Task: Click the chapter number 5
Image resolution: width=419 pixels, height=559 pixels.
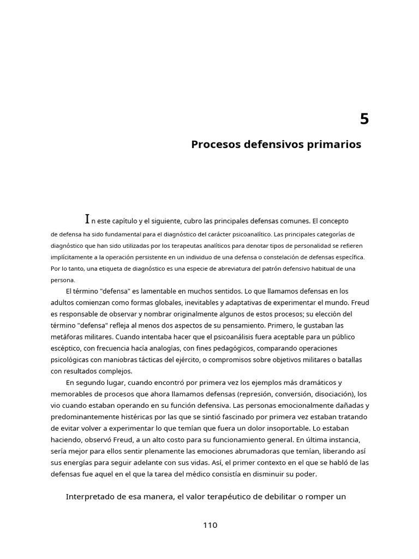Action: pos(364,119)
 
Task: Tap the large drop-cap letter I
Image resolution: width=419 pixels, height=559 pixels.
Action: pos(87,219)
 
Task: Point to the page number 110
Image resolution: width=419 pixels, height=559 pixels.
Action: pos(210,525)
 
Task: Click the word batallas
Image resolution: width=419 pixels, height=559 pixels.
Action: pos(348,360)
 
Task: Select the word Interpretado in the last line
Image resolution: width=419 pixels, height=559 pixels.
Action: pos(92,496)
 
